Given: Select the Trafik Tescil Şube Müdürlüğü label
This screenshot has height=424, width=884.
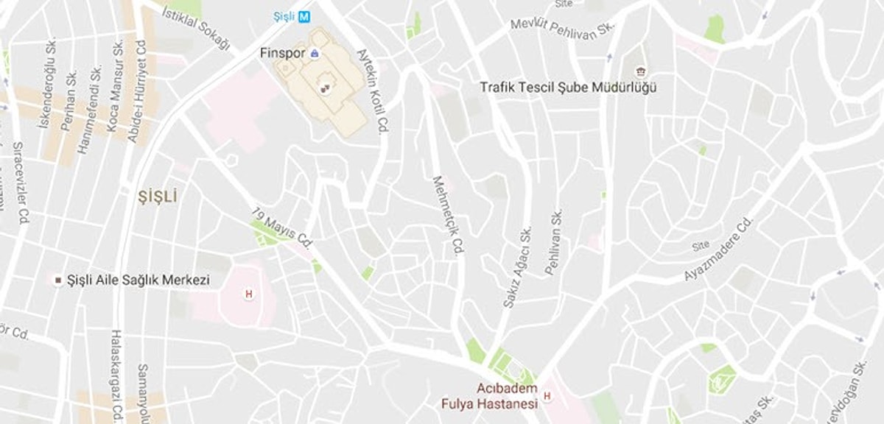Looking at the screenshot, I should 567,88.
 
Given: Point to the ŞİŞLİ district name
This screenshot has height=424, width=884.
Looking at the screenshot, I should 158,197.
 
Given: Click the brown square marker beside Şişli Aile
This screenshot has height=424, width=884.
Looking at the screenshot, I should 57,280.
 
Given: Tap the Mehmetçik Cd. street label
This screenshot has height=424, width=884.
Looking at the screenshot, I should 448,216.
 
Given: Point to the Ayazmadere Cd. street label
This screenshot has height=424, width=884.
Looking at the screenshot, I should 719,248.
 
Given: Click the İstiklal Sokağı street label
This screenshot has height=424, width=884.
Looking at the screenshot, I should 196,29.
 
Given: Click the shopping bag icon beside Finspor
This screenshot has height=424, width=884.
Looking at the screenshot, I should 315,53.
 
